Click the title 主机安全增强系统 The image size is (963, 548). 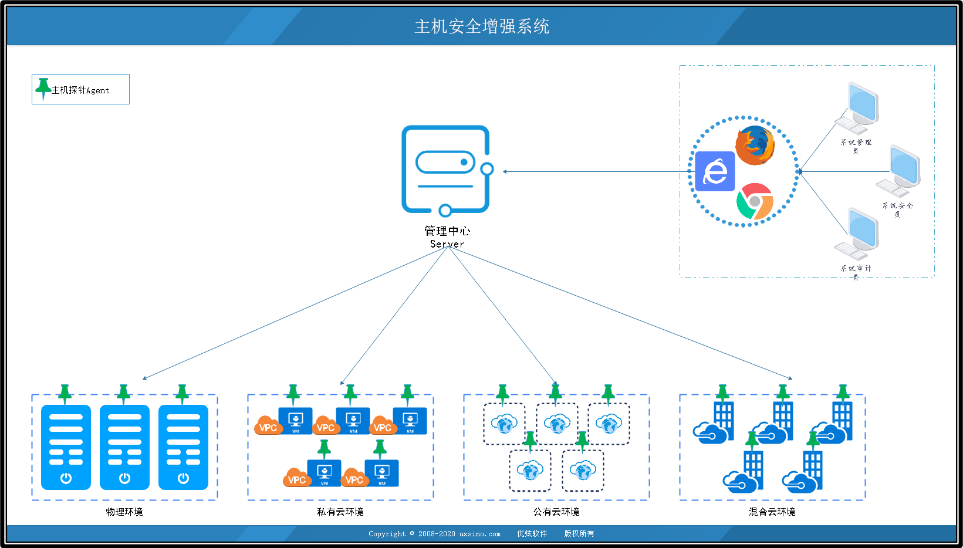pyautogui.click(x=482, y=26)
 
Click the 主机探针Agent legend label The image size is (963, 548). pyautogui.click(x=80, y=90)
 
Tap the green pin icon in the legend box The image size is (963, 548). pyautogui.click(x=43, y=88)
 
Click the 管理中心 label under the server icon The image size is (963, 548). pyautogui.click(x=447, y=231)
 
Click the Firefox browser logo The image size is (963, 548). pyautogui.click(x=755, y=145)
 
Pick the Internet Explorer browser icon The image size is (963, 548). pyautogui.click(x=715, y=171)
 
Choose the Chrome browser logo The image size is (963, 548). pyautogui.click(x=755, y=201)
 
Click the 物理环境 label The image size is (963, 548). pyautogui.click(x=124, y=512)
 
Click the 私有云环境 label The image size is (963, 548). pyautogui.click(x=340, y=512)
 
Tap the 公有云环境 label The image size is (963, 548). pyautogui.click(x=556, y=512)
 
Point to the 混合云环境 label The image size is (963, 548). pyautogui.click(x=772, y=512)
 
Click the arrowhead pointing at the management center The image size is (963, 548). pyautogui.click(x=505, y=171)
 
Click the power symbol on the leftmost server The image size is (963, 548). pyautogui.click(x=66, y=478)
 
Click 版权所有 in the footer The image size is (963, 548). pyautogui.click(x=579, y=533)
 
